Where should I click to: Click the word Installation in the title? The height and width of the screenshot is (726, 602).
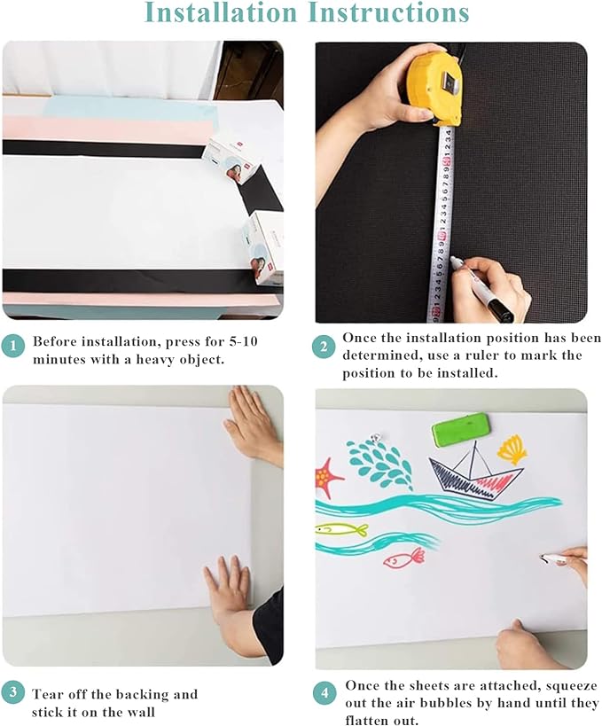219,12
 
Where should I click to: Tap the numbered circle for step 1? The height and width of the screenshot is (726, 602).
12,347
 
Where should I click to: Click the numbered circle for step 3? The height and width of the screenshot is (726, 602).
12,692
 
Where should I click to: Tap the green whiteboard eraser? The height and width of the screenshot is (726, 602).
461,432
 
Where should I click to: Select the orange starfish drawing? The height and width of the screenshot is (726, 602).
327,477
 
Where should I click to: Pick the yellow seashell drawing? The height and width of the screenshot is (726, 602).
512,449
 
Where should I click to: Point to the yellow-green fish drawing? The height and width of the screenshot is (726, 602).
340,529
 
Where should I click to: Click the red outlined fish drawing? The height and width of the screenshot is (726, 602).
404,558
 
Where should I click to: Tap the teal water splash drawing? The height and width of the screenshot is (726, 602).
380,464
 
